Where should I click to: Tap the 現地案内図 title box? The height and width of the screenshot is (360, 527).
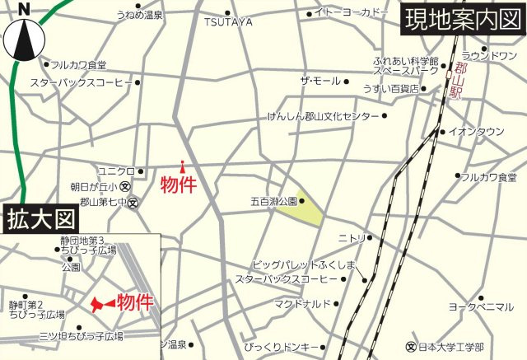pos(461,18)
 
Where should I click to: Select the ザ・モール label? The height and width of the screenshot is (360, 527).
pos(319,81)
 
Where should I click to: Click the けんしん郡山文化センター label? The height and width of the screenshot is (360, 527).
pos(323,117)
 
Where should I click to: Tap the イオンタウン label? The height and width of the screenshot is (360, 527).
pos(476,131)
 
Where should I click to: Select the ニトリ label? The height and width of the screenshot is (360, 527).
pos(352,238)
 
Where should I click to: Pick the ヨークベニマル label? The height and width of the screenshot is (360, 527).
pos(481,306)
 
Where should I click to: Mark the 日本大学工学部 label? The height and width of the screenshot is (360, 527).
pos(450,346)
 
